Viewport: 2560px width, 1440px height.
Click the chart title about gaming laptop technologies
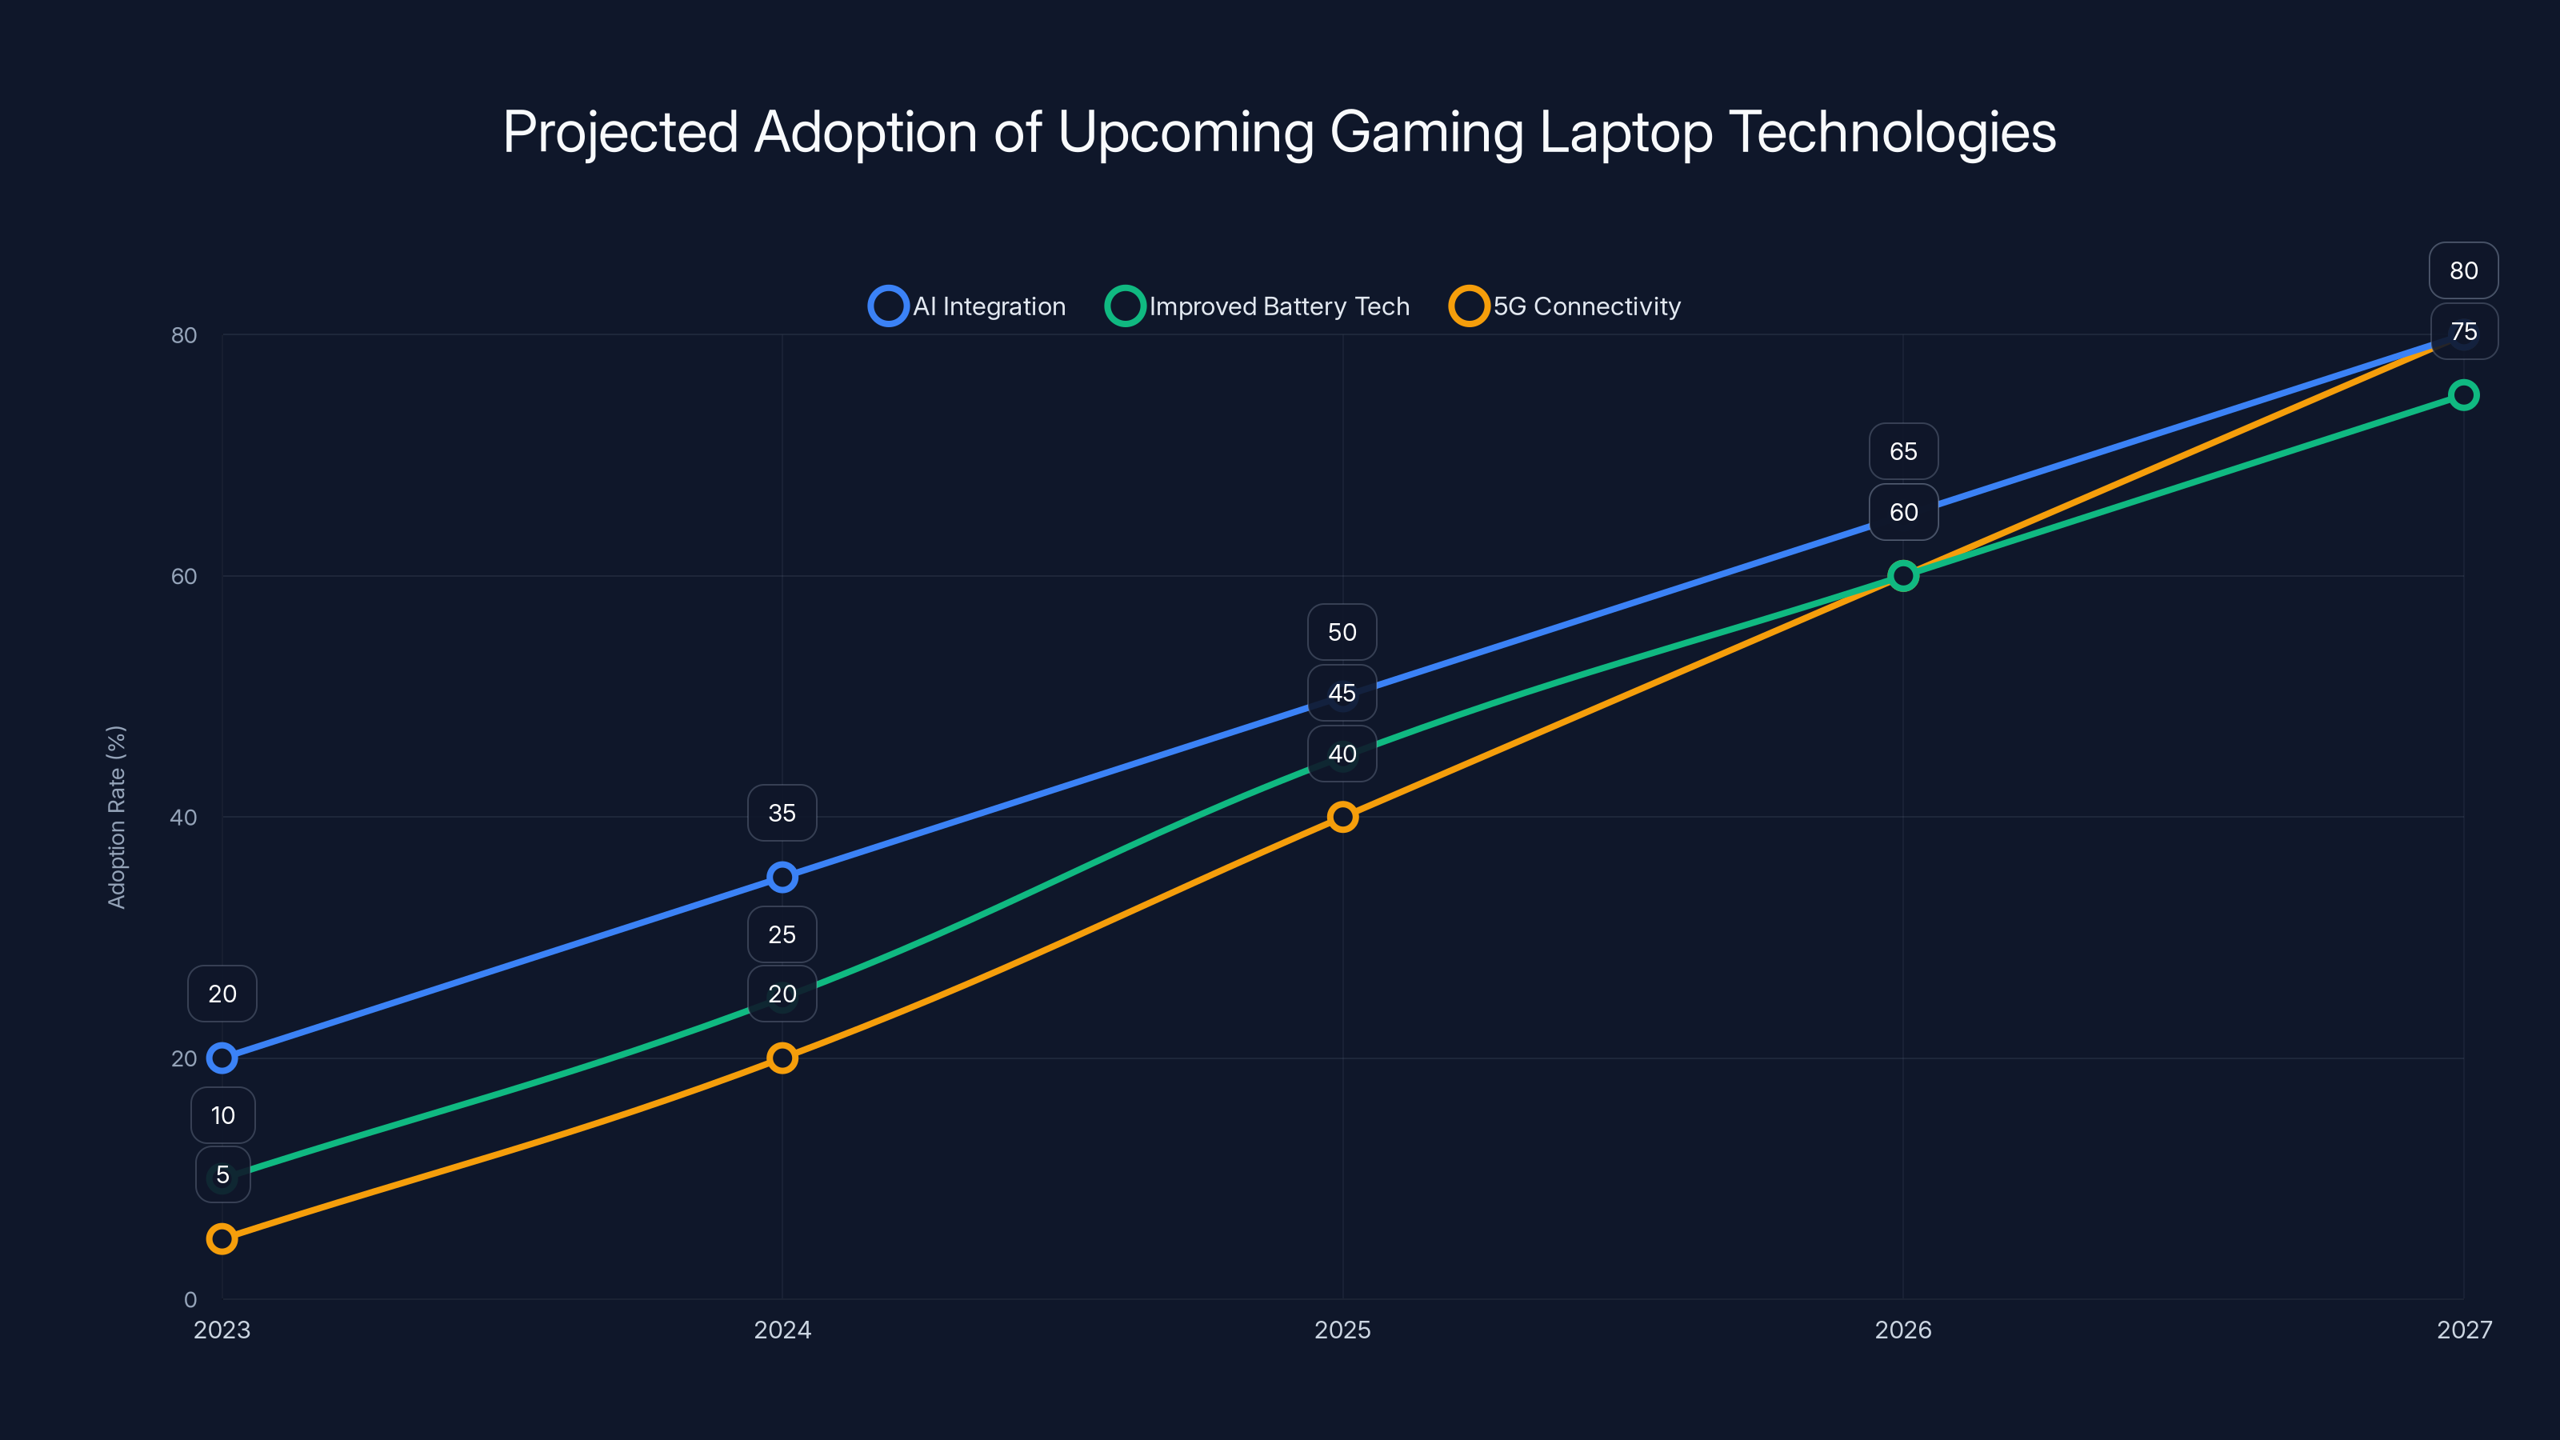[1279, 132]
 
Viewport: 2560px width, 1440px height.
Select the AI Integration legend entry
[967, 306]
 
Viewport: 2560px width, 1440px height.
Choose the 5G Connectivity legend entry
[1566, 306]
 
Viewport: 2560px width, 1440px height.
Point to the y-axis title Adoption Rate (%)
[116, 816]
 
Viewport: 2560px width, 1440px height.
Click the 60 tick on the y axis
[184, 576]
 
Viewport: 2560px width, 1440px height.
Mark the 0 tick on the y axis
[190, 1299]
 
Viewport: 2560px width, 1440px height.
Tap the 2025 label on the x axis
[1342, 1330]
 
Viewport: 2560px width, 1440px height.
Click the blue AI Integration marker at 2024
[782, 878]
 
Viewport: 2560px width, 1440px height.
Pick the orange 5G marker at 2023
[222, 1238]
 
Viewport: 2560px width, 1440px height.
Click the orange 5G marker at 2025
[1342, 817]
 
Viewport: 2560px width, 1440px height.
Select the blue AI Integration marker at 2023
[222, 1058]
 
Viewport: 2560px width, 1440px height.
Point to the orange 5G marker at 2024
[782, 1058]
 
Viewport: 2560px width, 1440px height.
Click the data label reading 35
[782, 813]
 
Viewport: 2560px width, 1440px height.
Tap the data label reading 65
[1902, 451]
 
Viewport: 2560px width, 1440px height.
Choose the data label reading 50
[1342, 632]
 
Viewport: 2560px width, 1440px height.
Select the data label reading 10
[222, 1115]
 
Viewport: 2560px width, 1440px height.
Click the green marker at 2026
[1902, 575]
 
